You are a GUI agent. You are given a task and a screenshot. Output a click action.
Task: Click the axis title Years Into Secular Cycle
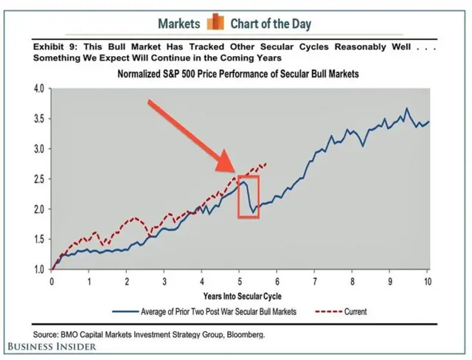click(240, 295)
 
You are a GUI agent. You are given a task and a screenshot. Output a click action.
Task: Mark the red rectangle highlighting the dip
click(249, 197)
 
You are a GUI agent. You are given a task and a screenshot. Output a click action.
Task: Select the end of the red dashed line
click(265, 164)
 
